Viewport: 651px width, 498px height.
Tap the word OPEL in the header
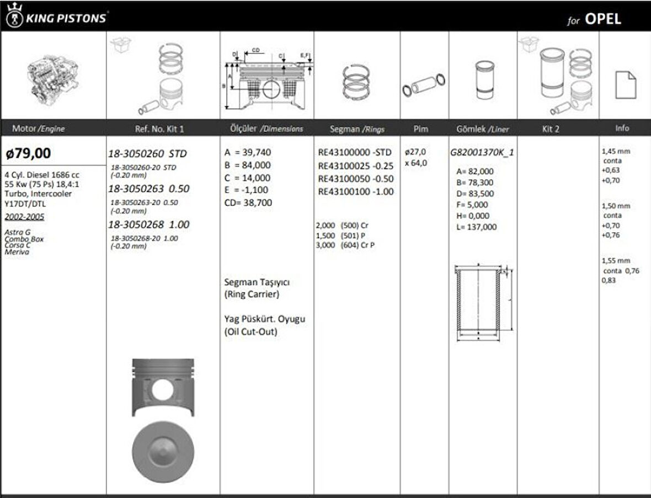602,19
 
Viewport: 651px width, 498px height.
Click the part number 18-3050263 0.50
148,189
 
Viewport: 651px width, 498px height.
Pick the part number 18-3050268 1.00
148,224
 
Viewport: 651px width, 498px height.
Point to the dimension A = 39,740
248,153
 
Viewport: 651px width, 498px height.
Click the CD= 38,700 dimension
248,203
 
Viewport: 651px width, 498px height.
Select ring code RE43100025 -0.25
356,165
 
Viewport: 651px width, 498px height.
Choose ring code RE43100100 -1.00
356,192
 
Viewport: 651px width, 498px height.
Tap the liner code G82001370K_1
482,153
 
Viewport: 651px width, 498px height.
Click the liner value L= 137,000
473,227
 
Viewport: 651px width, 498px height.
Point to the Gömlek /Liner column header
483,129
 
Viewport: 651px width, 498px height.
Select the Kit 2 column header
551,128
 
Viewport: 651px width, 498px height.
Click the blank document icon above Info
626,84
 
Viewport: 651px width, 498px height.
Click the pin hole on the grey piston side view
162,389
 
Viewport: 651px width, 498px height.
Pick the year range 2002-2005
24,217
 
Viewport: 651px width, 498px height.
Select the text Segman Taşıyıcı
257,282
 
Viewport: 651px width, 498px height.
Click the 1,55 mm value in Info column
616,260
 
